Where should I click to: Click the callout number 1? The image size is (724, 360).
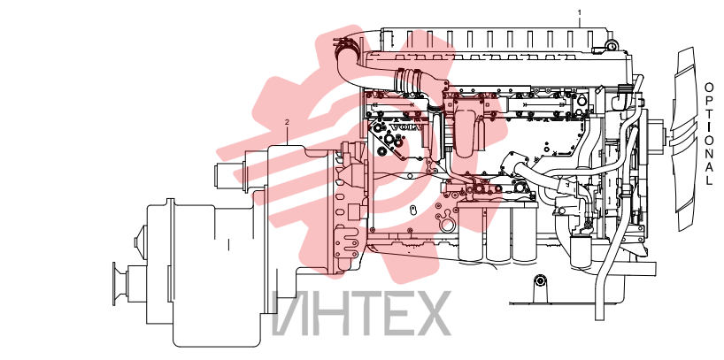click(580, 12)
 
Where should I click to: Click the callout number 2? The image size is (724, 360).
click(287, 122)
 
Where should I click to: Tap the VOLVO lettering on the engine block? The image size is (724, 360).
click(406, 126)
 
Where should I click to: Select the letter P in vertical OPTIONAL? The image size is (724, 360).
click(709, 99)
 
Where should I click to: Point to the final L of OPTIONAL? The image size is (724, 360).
click(709, 180)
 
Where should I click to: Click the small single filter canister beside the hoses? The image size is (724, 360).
click(581, 251)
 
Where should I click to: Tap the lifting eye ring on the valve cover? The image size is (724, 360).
click(612, 45)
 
